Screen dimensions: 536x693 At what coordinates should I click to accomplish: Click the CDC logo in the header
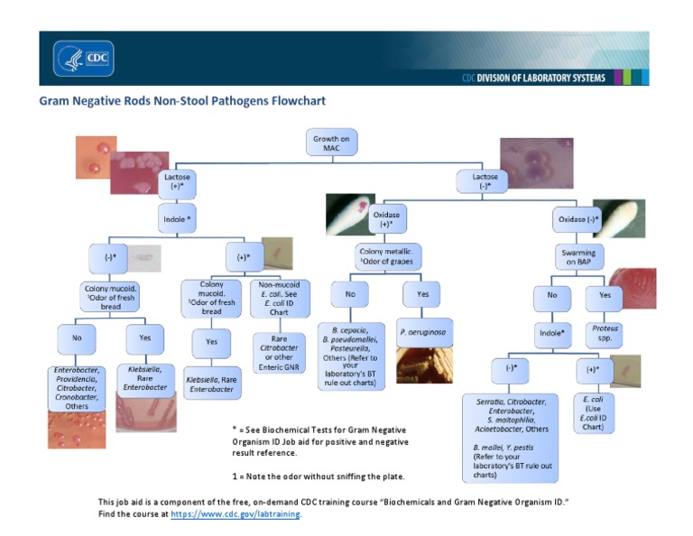click(x=84, y=59)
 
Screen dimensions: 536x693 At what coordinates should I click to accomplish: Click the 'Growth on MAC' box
click(x=331, y=143)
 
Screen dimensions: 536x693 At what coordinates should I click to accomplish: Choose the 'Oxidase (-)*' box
click(x=577, y=219)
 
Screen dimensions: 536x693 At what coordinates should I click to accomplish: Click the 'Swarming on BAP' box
click(x=578, y=258)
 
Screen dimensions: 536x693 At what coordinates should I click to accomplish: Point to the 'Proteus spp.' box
click(x=605, y=334)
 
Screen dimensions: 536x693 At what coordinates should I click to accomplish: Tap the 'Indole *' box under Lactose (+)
click(x=177, y=219)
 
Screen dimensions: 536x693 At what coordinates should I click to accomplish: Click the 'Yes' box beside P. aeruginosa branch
click(x=420, y=294)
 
